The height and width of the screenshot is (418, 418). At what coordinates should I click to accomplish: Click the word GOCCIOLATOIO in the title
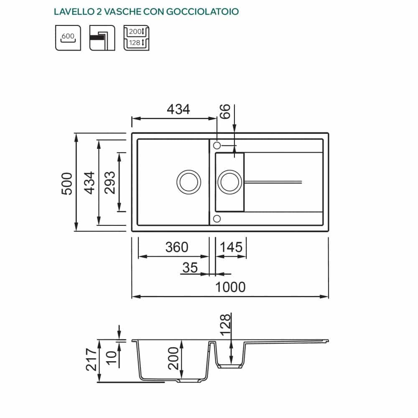[202, 12]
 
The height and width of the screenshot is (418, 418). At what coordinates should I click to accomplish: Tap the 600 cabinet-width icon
[68, 38]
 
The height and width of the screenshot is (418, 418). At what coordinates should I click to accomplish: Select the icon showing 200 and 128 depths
[137, 38]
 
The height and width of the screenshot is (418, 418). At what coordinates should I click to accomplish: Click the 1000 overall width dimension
[230, 287]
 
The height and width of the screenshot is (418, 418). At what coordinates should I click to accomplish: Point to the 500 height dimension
[66, 184]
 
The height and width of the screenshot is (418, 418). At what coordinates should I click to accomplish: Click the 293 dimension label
[110, 183]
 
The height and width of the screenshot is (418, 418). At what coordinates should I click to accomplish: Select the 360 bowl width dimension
[177, 247]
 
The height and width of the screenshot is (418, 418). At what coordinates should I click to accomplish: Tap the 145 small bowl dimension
[231, 247]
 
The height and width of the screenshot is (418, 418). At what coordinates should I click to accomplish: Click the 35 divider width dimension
[190, 268]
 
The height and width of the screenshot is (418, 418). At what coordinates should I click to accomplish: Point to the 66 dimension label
[225, 112]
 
